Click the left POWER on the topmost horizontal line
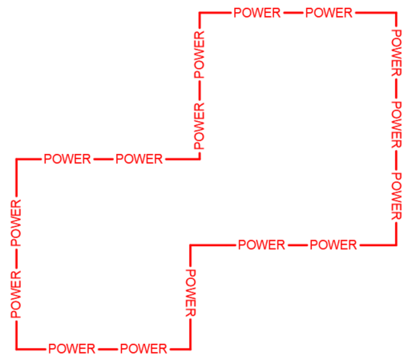pos(257,13)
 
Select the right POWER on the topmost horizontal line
pos(329,13)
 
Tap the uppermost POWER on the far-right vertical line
pos(397,53)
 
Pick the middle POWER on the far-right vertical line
pos(397,124)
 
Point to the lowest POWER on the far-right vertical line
pos(397,196)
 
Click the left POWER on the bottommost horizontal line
pos(72,349)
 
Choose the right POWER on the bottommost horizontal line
pos(143,349)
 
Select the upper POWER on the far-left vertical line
pos(16,223)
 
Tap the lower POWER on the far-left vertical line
pos(16,294)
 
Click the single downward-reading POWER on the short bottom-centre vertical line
pos(191,293)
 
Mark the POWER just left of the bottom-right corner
pos(333,245)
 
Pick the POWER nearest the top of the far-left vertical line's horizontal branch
pos(67,159)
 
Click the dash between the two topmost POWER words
pos(293,13)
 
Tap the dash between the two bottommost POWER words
pos(107,349)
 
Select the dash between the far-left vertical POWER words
pos(16,258)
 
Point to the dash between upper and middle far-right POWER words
pos(396,89)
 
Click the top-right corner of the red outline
pos(396,13)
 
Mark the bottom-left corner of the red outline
pos(16,349)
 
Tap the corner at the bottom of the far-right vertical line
pos(396,245)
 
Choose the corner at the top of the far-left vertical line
pos(16,160)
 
